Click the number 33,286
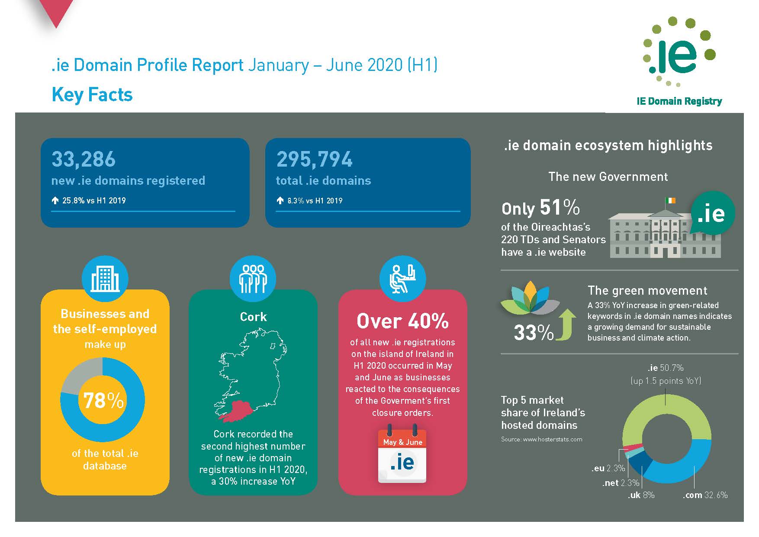84,159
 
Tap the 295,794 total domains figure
315,159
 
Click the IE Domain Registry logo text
679,101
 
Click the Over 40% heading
402,321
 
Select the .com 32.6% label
705,495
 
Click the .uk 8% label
641,495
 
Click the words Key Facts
92,95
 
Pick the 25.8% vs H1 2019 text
89,200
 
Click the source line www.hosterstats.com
541,439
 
